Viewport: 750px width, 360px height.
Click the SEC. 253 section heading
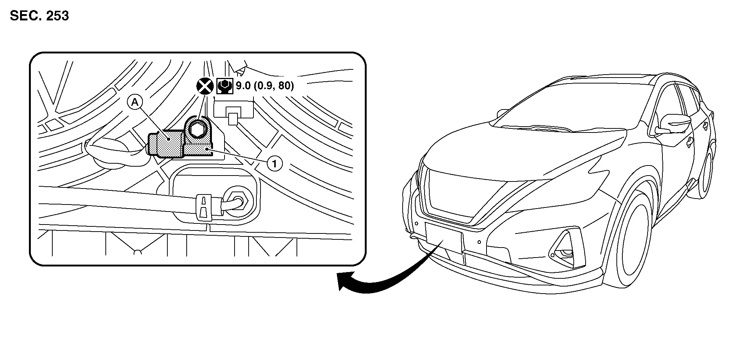(39, 16)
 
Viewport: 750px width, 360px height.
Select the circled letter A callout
(135, 102)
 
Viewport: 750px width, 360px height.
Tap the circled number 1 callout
(275, 163)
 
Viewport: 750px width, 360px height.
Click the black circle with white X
(204, 86)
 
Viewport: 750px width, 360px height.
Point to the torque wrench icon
(225, 86)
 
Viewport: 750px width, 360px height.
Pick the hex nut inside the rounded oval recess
(237, 200)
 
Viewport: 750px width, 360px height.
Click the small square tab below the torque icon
(233, 119)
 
